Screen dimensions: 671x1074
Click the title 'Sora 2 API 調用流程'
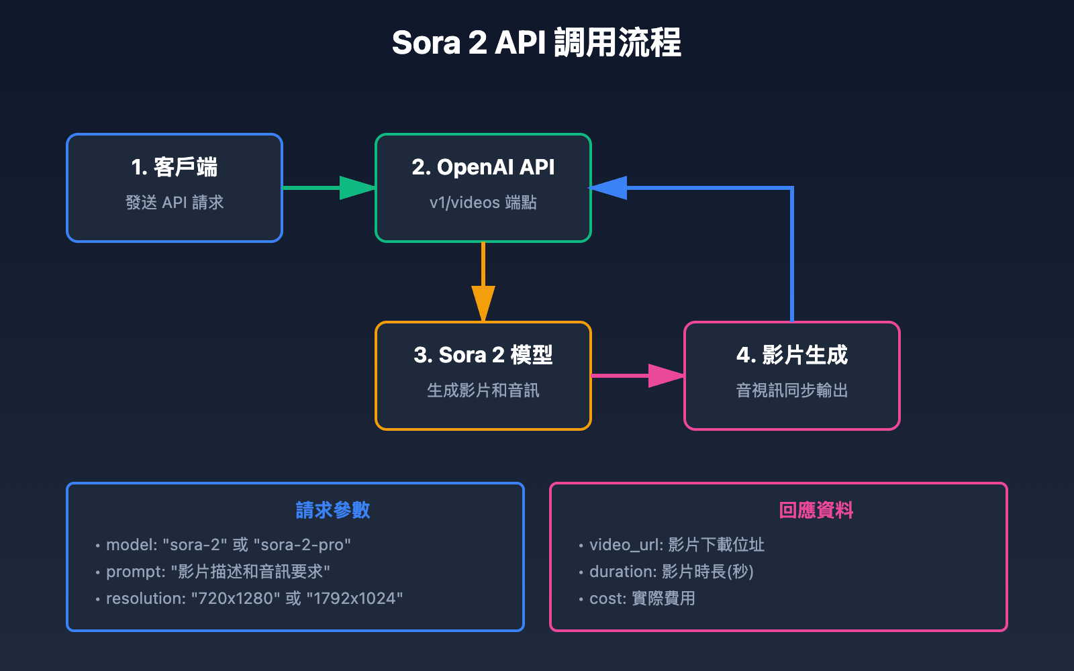536,43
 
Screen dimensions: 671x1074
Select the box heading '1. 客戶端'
175,167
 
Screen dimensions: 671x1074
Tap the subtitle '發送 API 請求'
175,203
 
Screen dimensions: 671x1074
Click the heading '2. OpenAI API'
483,167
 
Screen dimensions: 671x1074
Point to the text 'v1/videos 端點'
483,203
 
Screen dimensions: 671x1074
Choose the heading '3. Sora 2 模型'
483,355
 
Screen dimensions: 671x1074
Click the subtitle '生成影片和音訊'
483,391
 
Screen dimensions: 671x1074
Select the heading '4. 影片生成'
792,355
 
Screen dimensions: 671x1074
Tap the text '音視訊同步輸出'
792,391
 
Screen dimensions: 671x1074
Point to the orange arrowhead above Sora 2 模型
483,303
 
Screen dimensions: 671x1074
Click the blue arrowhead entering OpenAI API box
609,188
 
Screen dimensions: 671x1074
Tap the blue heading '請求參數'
333,511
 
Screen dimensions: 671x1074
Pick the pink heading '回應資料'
816,511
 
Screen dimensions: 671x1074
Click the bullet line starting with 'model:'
228,545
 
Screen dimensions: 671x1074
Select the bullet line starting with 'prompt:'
218,572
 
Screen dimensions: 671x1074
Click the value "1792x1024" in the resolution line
354,599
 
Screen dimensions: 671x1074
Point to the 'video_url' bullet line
677,545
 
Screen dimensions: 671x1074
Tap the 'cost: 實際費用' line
642,599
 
